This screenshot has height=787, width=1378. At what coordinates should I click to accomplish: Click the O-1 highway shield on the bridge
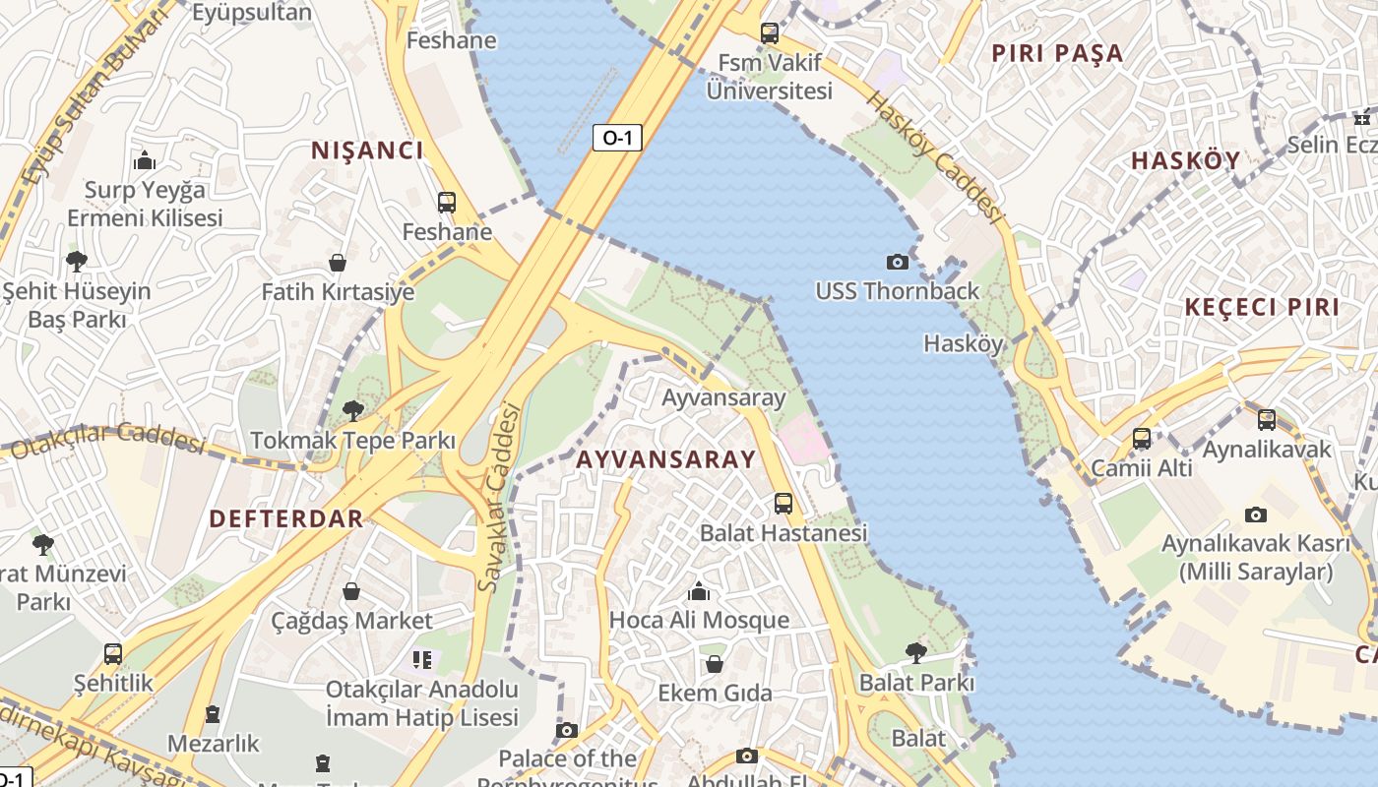pyautogui.click(x=617, y=138)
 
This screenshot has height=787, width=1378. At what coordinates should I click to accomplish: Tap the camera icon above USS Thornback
pyautogui.click(x=897, y=262)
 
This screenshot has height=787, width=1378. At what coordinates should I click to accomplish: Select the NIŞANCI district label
pyautogui.click(x=367, y=151)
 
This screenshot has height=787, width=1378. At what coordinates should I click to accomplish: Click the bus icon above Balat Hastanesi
pyautogui.click(x=783, y=504)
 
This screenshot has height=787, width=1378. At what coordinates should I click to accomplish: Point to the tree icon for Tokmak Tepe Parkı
pyautogui.click(x=352, y=411)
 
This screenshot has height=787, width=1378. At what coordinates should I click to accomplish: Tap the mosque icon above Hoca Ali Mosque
pyautogui.click(x=699, y=591)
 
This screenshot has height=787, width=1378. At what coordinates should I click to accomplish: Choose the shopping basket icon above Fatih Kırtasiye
pyautogui.click(x=338, y=263)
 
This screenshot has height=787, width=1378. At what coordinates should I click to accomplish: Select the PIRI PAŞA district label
pyautogui.click(x=1057, y=54)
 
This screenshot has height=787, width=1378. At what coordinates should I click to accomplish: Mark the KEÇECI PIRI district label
pyautogui.click(x=1261, y=307)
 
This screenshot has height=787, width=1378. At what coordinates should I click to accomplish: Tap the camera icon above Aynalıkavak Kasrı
pyautogui.click(x=1255, y=515)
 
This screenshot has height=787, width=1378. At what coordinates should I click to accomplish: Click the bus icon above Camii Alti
pyautogui.click(x=1142, y=439)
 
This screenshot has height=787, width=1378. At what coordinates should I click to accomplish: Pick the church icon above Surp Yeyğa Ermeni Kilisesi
pyautogui.click(x=145, y=160)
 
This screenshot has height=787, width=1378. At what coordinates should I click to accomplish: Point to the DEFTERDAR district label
pyautogui.click(x=286, y=518)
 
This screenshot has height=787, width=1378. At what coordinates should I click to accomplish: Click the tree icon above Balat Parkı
pyautogui.click(x=916, y=652)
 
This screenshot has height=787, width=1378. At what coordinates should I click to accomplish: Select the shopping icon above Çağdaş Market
pyautogui.click(x=351, y=591)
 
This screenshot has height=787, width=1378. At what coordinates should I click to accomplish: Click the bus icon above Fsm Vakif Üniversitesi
pyautogui.click(x=770, y=33)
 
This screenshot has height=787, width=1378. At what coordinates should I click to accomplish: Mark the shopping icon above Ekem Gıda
pyautogui.click(x=715, y=664)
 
